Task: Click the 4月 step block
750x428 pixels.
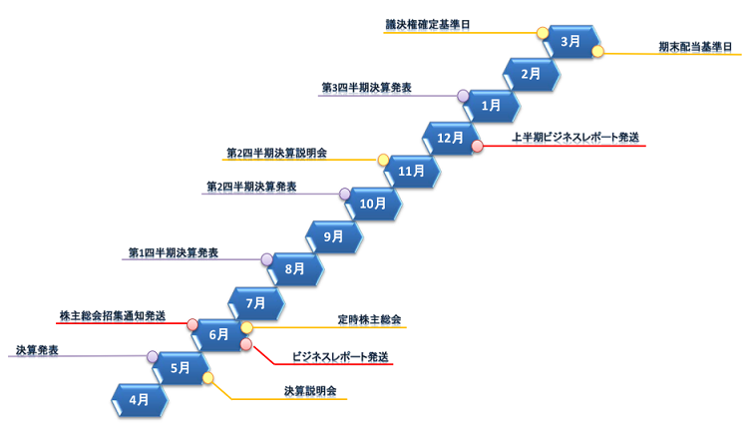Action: tap(140, 399)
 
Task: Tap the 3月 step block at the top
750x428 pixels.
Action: tap(569, 42)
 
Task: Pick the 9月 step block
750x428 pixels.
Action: tap(334, 236)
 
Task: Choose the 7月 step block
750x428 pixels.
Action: tap(256, 301)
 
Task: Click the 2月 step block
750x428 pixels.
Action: tap(531, 74)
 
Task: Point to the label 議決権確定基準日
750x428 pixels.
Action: tap(428, 23)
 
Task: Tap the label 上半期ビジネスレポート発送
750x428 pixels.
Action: tap(574, 137)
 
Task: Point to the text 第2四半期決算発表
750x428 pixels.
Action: tap(250, 187)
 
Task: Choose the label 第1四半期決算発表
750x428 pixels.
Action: tap(173, 251)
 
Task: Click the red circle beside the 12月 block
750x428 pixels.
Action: tap(478, 146)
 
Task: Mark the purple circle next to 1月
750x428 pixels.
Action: tap(464, 96)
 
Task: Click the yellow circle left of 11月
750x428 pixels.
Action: tap(383, 160)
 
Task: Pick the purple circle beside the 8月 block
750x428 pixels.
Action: tap(267, 259)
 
